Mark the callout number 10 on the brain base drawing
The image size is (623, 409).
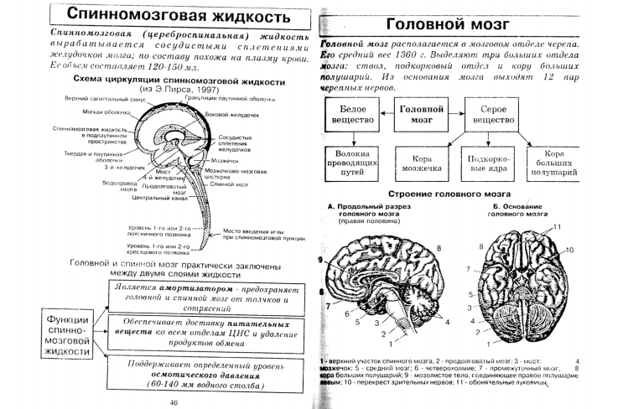point(570,251)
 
